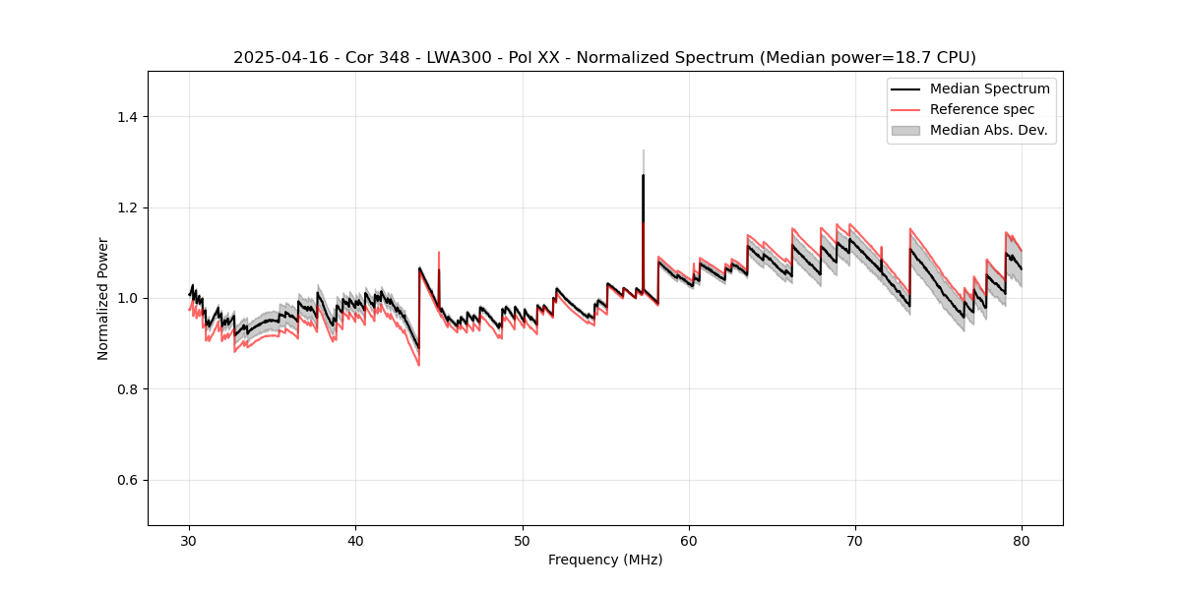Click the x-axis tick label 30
pyautogui.click(x=189, y=541)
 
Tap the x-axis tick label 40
pyautogui.click(x=355, y=541)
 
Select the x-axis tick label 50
pyautogui.click(x=522, y=541)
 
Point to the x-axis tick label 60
pyautogui.click(x=688, y=541)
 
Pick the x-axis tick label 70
pyautogui.click(x=854, y=541)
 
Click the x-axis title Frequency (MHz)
pyautogui.click(x=605, y=560)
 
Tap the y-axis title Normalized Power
pyautogui.click(x=103, y=298)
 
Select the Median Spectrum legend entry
pyautogui.click(x=989, y=88)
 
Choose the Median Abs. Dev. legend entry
pyautogui.click(x=988, y=130)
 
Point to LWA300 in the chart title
pyautogui.click(x=459, y=58)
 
